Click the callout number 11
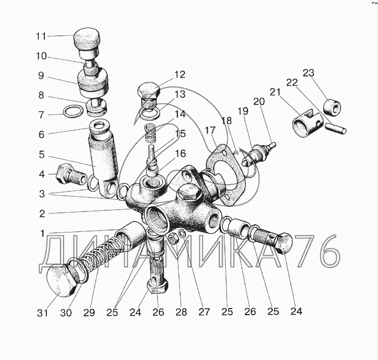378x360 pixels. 41,36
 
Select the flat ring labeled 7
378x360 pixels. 73,111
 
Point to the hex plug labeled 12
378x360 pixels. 149,96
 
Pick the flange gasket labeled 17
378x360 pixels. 226,175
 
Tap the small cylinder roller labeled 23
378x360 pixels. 332,107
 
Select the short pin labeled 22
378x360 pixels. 336,128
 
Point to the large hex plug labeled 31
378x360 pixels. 61,280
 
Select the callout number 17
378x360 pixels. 210,131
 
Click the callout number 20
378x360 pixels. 259,102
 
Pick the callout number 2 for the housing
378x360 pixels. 42,214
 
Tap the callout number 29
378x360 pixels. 89,313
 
